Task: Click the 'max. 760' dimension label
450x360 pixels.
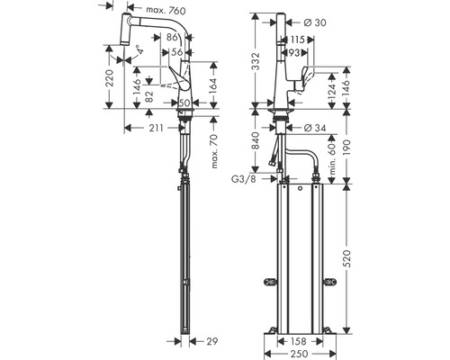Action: [166, 11]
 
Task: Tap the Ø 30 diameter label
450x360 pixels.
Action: [315, 22]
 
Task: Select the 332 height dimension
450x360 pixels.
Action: [256, 61]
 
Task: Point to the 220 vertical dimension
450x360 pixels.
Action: [110, 77]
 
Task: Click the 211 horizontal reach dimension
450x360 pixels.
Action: [157, 128]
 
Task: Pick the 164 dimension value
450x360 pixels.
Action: [212, 86]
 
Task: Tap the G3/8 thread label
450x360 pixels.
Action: [244, 179]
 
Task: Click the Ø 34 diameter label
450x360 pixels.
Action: [315, 128]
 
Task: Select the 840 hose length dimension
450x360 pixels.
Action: [256, 140]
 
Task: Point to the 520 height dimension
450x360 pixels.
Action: [346, 258]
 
